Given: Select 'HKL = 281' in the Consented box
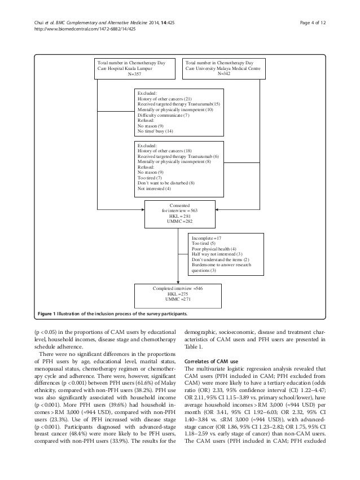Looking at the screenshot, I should (x=179, y=214).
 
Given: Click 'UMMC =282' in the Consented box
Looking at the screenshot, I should (x=179, y=220).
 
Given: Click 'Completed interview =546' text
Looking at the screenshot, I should (x=178, y=288).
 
